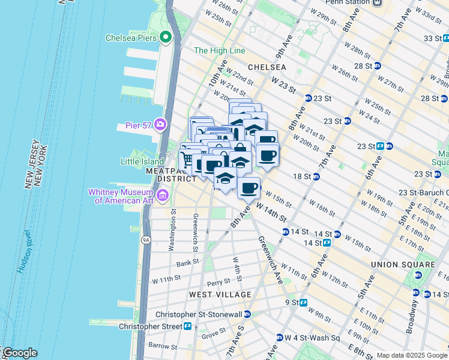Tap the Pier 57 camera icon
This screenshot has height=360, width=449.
coord(160,124)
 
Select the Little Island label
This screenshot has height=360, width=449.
coord(142,161)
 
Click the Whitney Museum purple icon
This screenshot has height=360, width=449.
coord(162,195)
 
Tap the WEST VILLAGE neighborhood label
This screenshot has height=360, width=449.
coord(220,295)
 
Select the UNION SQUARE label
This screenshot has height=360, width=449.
coord(403,265)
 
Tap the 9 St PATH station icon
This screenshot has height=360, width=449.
coord(304,302)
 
